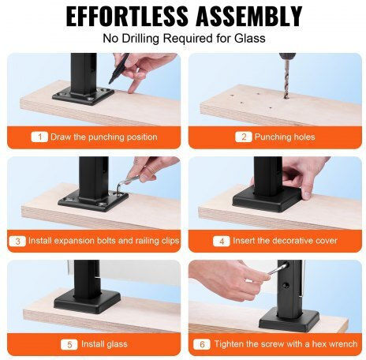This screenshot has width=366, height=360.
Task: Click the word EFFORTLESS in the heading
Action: pyautogui.click(x=127, y=16)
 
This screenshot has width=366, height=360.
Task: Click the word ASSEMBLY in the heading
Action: pyautogui.click(x=248, y=16)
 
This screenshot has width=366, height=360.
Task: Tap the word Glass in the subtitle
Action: pyautogui.click(x=250, y=39)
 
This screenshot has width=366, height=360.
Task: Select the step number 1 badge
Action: pyautogui.click(x=39, y=137)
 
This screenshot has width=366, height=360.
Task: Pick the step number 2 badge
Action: pyautogui.click(x=244, y=137)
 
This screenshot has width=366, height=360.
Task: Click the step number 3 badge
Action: pyautogui.click(x=17, y=241)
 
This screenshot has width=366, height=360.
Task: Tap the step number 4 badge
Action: pyautogui.click(x=222, y=241)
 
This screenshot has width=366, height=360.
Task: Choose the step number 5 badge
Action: pyautogui.click(x=69, y=344)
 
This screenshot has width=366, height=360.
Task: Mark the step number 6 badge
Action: pyautogui.click(x=202, y=344)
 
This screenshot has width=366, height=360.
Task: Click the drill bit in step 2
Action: pyautogui.click(x=287, y=79)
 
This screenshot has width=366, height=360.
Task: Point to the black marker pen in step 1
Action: pyautogui.click(x=119, y=69)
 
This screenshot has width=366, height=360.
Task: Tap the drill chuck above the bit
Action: pyautogui.click(x=287, y=56)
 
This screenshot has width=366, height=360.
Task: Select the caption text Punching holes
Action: pyautogui.click(x=285, y=137)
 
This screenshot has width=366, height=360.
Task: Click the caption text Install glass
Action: pyautogui.click(x=104, y=344)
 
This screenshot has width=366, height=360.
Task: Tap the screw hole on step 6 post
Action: pyautogui.click(x=286, y=285)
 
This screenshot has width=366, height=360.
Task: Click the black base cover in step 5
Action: pyautogui.click(x=88, y=302)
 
